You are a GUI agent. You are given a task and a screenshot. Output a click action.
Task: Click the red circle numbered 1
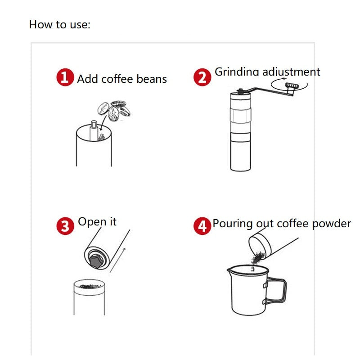[65, 77]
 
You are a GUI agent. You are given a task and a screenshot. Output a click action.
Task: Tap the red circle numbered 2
[202, 77]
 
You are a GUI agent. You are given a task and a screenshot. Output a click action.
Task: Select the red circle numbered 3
[65, 225]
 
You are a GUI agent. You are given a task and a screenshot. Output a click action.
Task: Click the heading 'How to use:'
[59, 24]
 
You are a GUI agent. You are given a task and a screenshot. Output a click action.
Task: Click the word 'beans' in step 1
[151, 80]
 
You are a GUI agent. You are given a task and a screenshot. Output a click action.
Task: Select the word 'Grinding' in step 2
[237, 72]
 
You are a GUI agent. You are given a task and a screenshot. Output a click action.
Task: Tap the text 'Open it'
[97, 222]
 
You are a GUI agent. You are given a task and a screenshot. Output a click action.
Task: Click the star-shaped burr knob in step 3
[95, 261]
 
